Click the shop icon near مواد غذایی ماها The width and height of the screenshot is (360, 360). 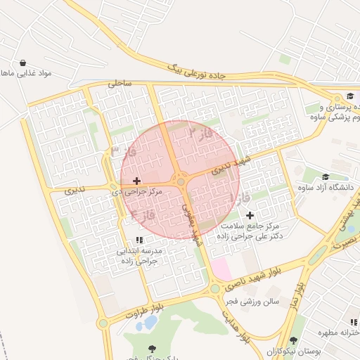(24, 63)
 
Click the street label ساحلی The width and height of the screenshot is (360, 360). (120, 83)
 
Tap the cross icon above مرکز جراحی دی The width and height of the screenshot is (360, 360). (136, 181)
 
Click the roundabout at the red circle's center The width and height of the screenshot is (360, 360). (181, 182)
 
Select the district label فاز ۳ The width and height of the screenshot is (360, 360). (124, 151)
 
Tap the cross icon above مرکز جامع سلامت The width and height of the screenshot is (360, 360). (250, 214)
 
